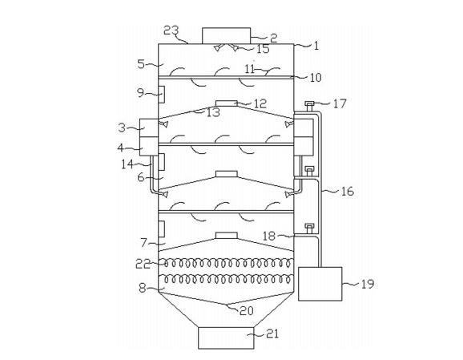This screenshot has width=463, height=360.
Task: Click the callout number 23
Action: (171, 30)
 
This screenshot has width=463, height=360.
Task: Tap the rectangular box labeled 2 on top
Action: (226, 36)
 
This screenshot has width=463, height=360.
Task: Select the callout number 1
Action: (316, 46)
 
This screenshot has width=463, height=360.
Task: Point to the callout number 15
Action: (263, 49)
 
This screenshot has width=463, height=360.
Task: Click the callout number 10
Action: (316, 78)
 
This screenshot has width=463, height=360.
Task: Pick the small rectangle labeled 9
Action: (161, 95)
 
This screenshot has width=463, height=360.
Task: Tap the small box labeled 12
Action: (227, 103)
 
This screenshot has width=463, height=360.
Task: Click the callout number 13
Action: (213, 112)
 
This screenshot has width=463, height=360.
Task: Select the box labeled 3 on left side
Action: (149, 127)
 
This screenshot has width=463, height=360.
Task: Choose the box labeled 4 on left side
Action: (149, 146)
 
